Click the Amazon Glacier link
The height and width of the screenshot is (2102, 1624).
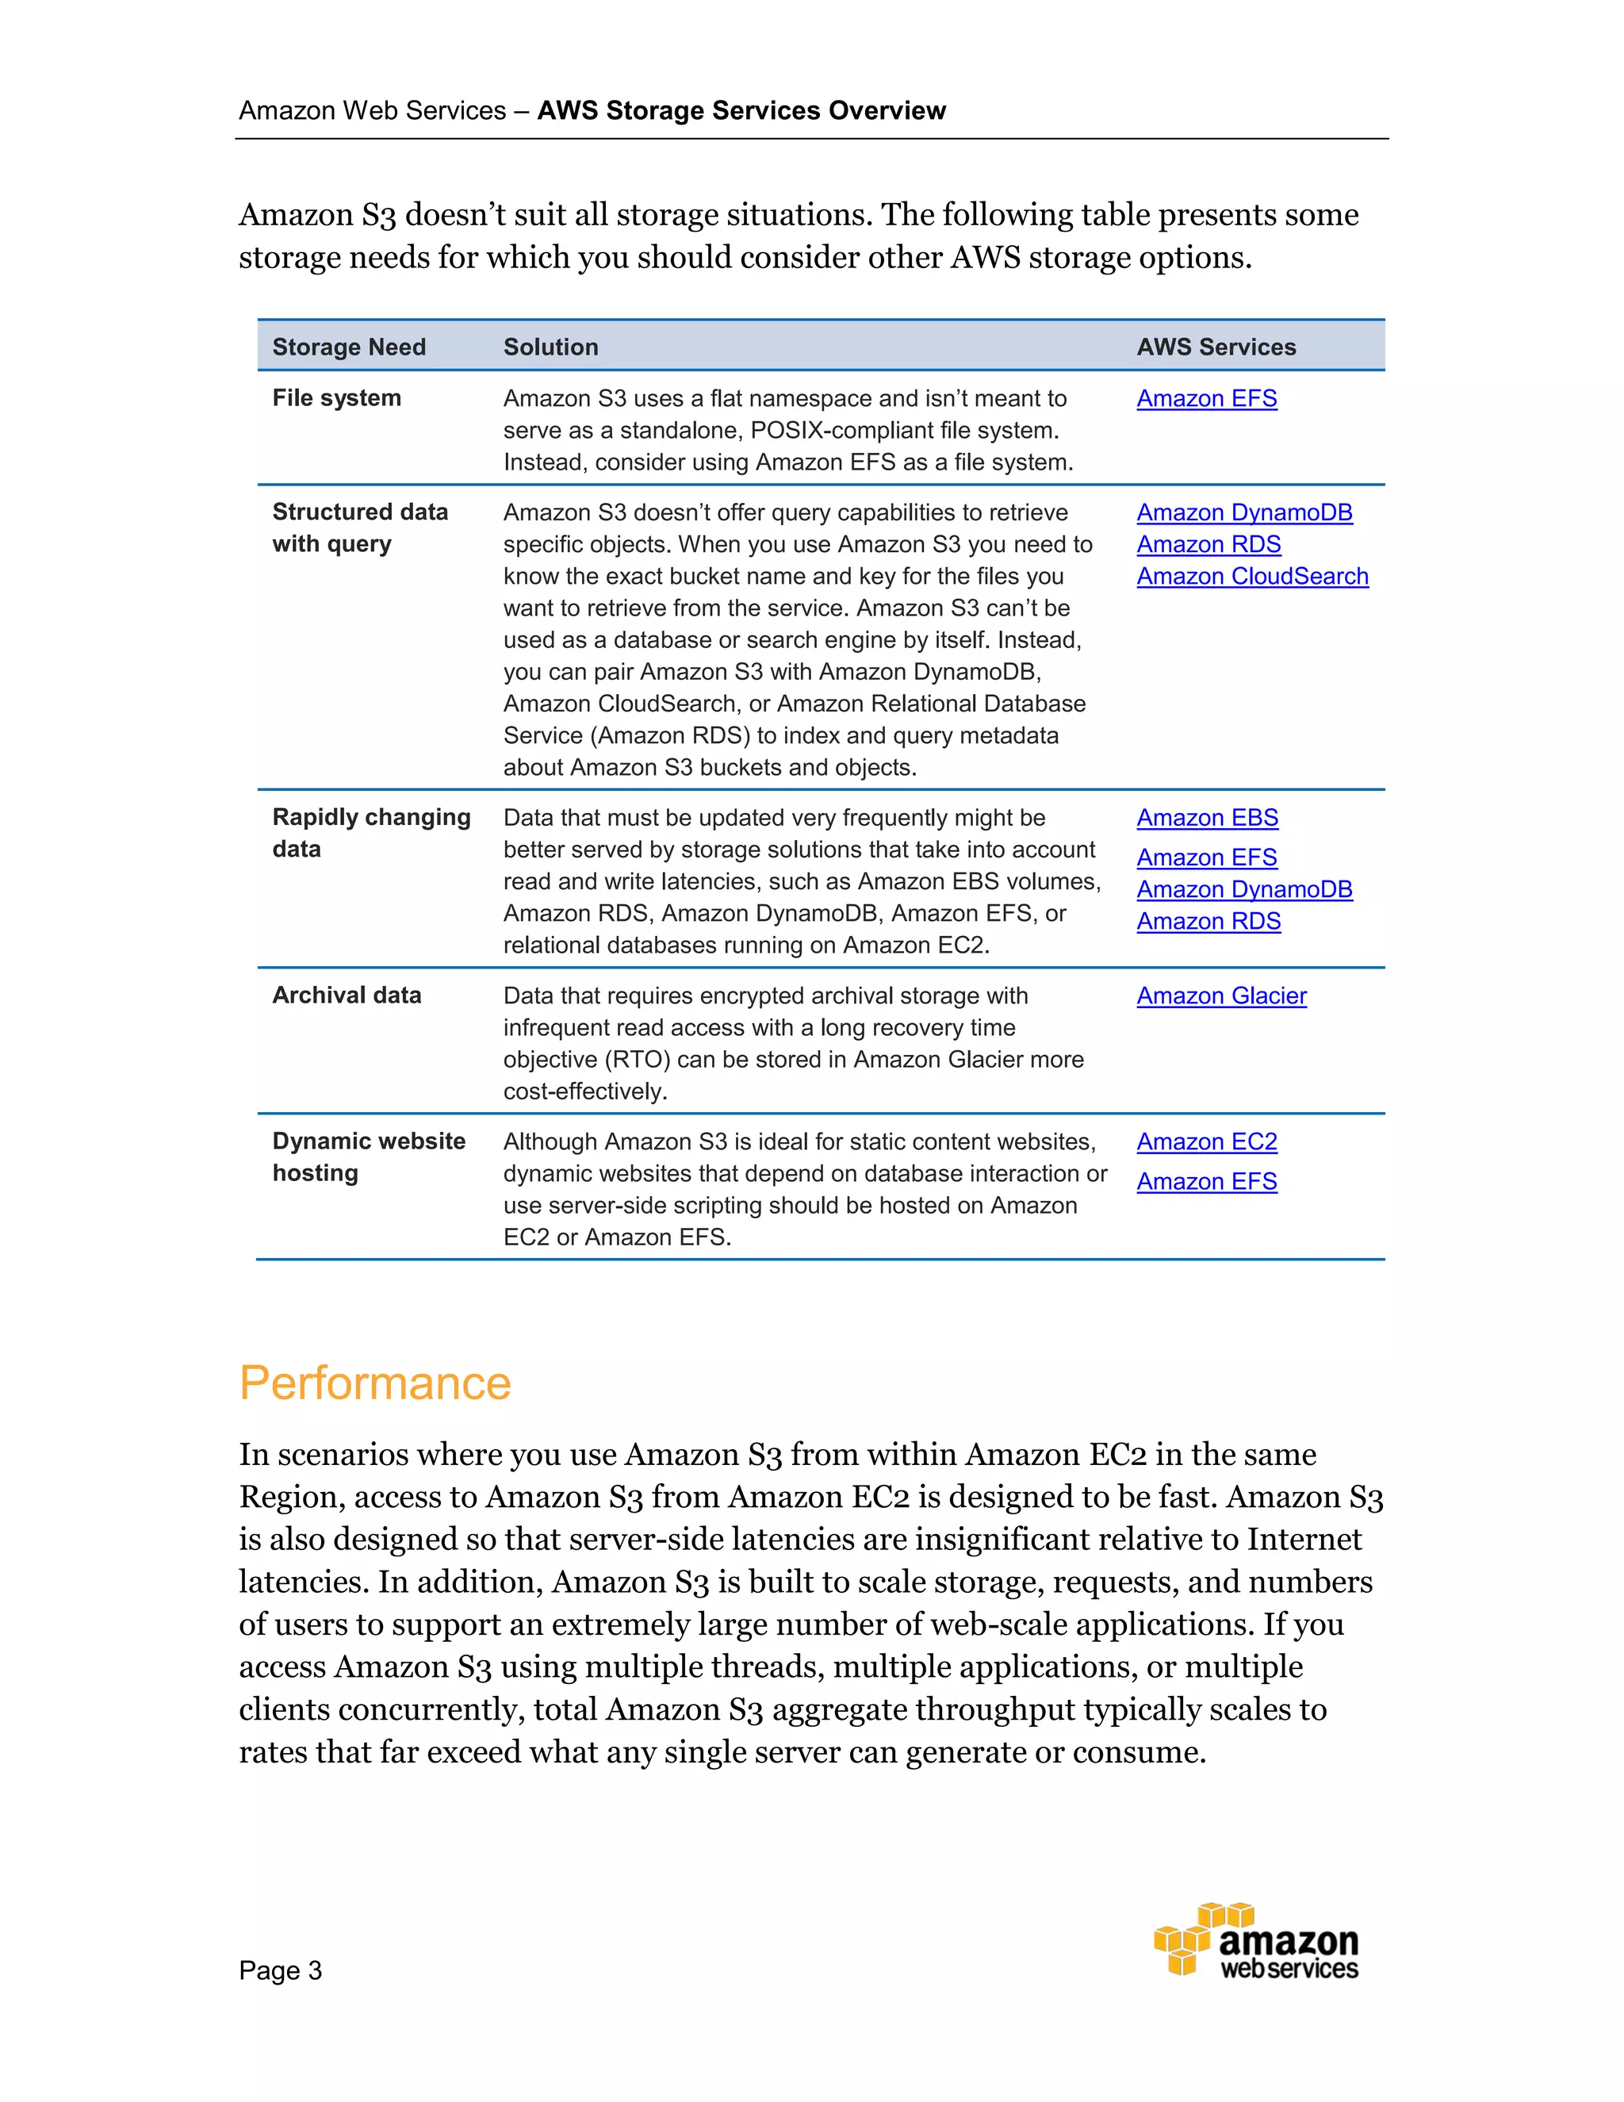1221,995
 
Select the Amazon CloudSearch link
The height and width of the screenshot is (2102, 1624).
1251,576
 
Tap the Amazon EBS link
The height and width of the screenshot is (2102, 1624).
1206,817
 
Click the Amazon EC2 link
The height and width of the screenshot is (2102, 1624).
1206,1141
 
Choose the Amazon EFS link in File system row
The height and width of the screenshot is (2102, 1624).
1206,398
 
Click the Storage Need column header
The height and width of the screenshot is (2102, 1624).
348,347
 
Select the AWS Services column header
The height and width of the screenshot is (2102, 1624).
1216,347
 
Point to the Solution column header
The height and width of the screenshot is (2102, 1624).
550,347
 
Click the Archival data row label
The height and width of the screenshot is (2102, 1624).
347,995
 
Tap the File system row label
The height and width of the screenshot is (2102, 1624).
335,398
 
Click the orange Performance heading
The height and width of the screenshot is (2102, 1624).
374,1383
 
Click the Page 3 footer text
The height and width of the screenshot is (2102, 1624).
280,1970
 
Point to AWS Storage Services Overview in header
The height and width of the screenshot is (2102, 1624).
741,111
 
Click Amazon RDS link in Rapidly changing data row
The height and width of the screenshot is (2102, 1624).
1208,921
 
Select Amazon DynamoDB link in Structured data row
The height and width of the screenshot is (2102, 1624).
1244,512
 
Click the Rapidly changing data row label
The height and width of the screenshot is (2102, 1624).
370,833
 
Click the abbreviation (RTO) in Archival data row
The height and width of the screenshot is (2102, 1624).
636,1060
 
